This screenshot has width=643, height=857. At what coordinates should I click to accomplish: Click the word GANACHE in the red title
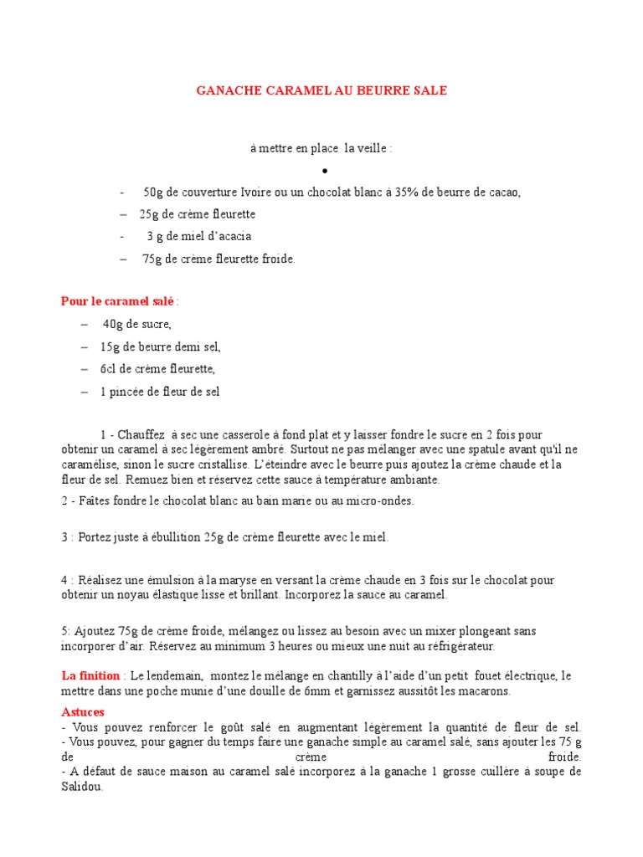[x=225, y=90]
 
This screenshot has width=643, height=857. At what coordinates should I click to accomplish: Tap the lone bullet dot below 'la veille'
[x=322, y=172]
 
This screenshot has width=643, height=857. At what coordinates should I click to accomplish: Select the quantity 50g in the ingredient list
[x=154, y=192]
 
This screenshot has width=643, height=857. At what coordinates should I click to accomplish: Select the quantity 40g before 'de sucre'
[x=114, y=324]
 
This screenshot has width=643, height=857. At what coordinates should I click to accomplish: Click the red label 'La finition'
[x=91, y=675]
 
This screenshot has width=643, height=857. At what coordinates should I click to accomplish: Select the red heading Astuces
[x=82, y=711]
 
